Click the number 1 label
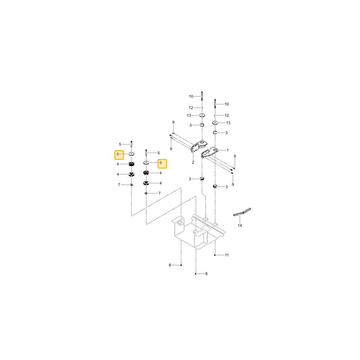point(228,150)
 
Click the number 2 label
point(193,162)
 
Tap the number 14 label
point(240,225)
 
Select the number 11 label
point(226,255)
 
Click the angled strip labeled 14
point(242,212)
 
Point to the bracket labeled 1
point(209,152)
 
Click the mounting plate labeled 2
point(195,148)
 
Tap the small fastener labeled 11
point(215,255)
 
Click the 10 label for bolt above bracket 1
point(226,104)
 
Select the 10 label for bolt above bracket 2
point(191,96)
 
